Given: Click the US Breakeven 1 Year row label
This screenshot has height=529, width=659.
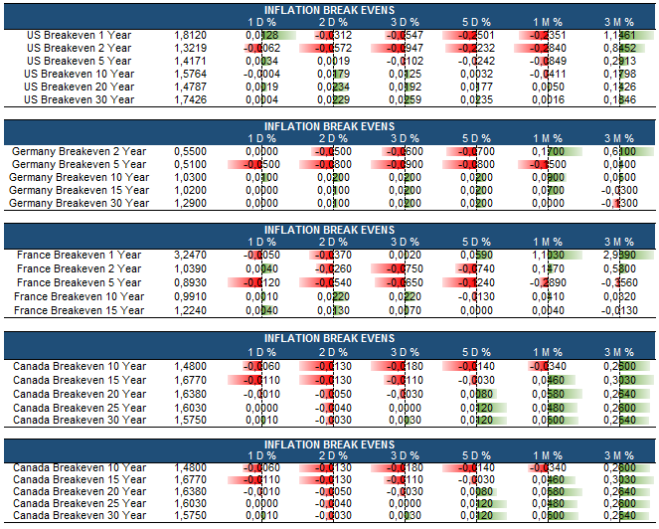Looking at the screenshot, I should click(78, 35).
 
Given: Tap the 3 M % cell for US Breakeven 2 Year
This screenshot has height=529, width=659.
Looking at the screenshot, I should click(621, 48).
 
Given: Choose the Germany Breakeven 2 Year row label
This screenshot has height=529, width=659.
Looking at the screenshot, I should click(79, 151).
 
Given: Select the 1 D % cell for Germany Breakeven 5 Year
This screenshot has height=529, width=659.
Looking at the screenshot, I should click(262, 164).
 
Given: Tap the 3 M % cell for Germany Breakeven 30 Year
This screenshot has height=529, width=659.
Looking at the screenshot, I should click(621, 203).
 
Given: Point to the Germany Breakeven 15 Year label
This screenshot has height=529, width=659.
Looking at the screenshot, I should click(79, 190).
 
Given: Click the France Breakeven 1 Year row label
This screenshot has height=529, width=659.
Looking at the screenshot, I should click(80, 255).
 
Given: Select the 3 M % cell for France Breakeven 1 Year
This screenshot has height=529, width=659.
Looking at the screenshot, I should click(621, 255).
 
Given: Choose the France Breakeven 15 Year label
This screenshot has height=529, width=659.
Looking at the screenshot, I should click(80, 310).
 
